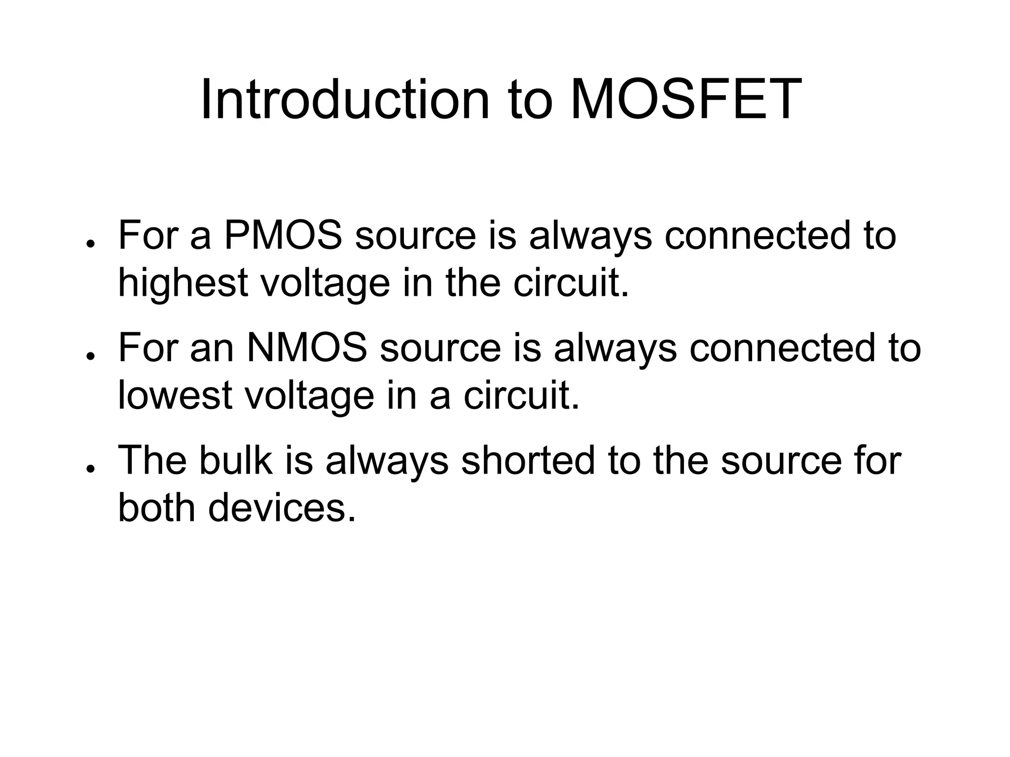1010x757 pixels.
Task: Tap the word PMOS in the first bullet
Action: [283, 236]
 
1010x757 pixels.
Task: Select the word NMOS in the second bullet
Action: [307, 348]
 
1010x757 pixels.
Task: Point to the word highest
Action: [182, 284]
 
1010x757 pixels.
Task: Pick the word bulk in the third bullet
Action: [235, 460]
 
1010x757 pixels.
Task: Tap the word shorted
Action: [528, 460]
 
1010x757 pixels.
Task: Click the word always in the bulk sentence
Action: [387, 461]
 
